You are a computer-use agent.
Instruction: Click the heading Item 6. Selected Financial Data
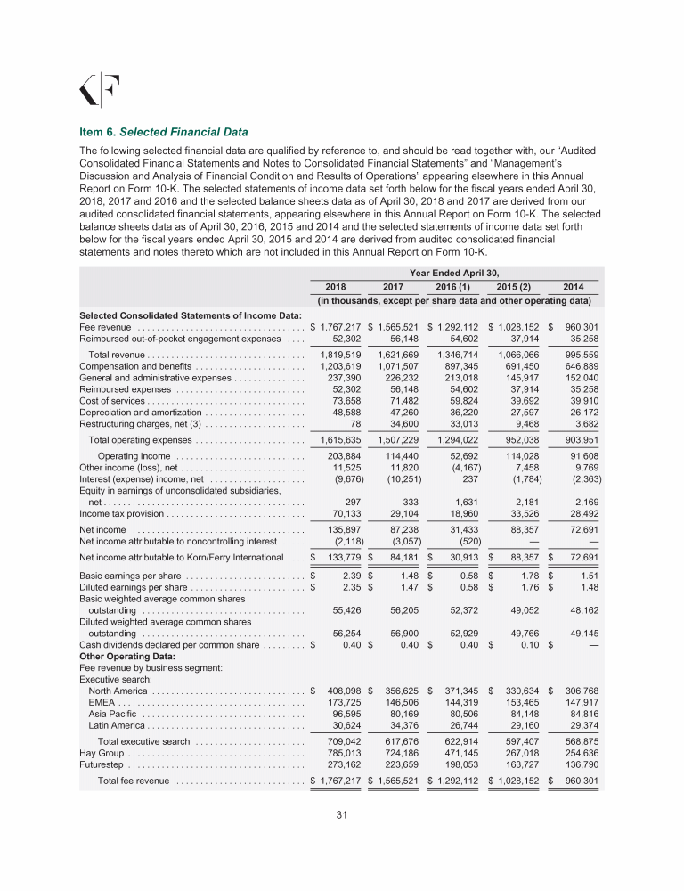[x=164, y=132]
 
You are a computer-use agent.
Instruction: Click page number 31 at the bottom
[x=341, y=813]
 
